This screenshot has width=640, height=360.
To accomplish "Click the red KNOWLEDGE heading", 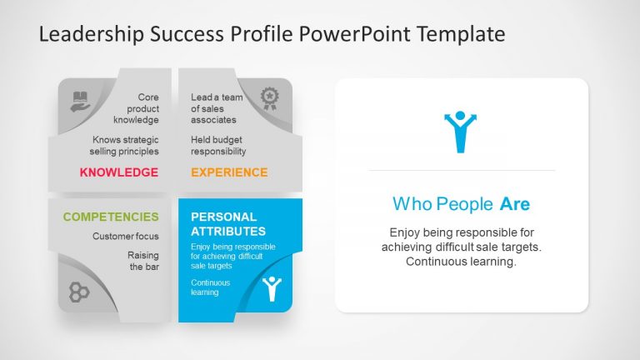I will point(118,172).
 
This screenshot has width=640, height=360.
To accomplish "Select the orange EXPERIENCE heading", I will point(229,172).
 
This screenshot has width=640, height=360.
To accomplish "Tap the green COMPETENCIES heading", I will point(111,217).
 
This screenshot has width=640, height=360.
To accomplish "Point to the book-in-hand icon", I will point(80,100).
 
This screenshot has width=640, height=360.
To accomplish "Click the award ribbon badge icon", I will point(269,99).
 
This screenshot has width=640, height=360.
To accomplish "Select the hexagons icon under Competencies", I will point(79,292).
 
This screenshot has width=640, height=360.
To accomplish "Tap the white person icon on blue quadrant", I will point(271,288).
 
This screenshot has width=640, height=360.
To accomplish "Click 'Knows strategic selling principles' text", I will point(124,146).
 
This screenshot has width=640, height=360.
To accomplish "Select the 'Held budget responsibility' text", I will point(218,146).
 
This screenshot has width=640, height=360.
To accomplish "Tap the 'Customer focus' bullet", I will point(125,237).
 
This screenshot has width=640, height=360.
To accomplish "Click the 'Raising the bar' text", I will point(142,261).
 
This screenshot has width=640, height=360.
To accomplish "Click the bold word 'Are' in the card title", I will point(515,204).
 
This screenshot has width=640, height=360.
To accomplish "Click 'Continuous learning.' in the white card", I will point(461,262).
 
